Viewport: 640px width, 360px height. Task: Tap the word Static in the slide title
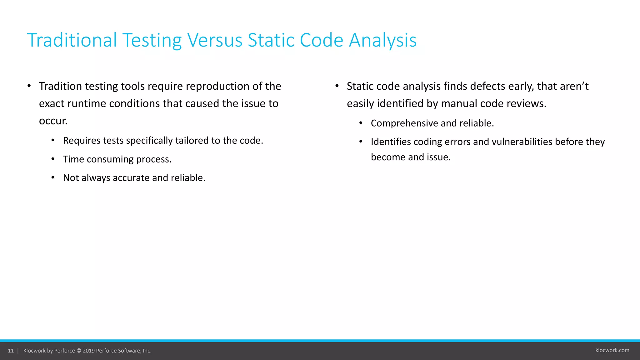[271, 40]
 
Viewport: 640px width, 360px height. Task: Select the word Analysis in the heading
[382, 40]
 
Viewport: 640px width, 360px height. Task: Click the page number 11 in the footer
[11, 351]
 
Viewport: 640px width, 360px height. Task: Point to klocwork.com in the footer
[612, 350]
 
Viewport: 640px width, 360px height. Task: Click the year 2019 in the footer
[88, 351]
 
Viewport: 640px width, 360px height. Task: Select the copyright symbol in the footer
[79, 351]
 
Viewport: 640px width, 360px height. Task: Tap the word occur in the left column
[52, 121]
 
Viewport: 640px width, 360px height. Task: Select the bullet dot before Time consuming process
[53, 159]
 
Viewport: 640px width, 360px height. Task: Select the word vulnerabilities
[522, 142]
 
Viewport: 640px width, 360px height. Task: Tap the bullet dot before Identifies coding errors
[361, 142]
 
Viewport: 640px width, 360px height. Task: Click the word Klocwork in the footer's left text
[34, 351]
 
